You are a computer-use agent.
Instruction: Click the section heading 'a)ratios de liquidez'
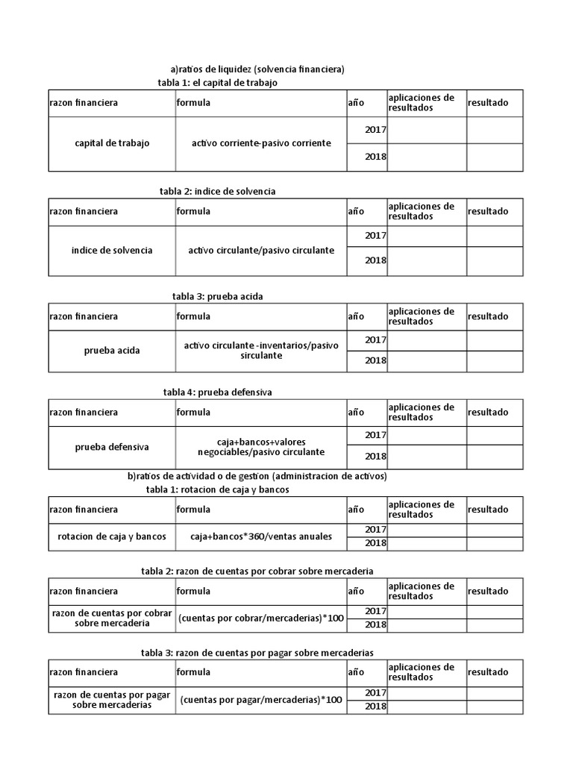257,69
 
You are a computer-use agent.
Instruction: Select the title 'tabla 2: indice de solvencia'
217,192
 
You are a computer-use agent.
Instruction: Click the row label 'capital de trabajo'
112,143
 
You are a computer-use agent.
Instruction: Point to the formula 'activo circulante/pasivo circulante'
261,251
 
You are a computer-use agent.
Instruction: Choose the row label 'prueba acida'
112,351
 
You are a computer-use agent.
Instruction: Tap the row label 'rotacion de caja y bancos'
112,537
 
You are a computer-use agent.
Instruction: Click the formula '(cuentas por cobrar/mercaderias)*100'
260,618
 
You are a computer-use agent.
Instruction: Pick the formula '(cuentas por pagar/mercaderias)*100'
260,700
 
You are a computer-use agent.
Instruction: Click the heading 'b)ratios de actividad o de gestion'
257,476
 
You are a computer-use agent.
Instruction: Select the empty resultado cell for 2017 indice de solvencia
495,237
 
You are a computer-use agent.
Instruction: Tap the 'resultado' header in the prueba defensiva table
488,413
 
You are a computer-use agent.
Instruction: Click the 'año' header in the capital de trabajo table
356,103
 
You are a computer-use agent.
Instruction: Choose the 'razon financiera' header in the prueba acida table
84,316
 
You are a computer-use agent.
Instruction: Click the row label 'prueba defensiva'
112,448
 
